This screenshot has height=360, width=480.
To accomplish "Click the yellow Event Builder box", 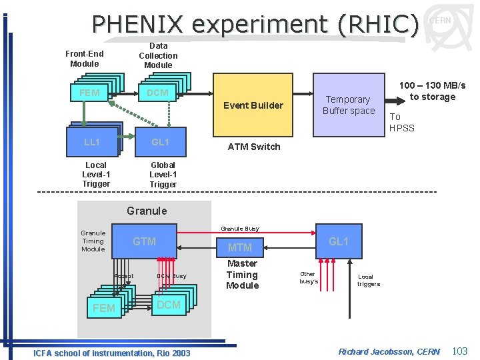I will click(x=253, y=105).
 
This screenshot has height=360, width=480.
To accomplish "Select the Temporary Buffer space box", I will click(x=349, y=105).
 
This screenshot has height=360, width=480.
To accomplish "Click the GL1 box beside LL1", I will click(x=160, y=142).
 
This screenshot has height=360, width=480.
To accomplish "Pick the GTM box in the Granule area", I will click(x=145, y=241).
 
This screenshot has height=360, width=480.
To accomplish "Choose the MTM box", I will click(x=240, y=247).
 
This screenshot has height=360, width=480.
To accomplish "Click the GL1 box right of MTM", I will click(x=339, y=241).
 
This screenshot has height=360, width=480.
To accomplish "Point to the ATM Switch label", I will click(x=254, y=147).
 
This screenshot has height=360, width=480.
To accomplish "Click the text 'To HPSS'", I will click(x=401, y=123).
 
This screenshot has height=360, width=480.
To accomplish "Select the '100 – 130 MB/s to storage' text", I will click(x=432, y=91).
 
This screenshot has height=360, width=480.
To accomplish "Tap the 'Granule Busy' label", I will click(x=240, y=229).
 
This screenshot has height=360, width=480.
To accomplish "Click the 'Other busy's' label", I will click(x=308, y=277).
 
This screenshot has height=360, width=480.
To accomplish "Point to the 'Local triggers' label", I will click(x=368, y=280).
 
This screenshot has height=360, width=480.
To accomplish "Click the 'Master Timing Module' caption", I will click(x=242, y=275).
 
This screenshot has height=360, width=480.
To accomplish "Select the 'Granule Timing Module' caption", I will click(x=93, y=241).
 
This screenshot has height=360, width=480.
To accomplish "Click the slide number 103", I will click(x=459, y=351).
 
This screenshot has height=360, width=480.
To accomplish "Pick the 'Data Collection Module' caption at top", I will click(x=158, y=56).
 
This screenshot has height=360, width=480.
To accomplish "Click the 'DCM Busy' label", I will click(x=171, y=276).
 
